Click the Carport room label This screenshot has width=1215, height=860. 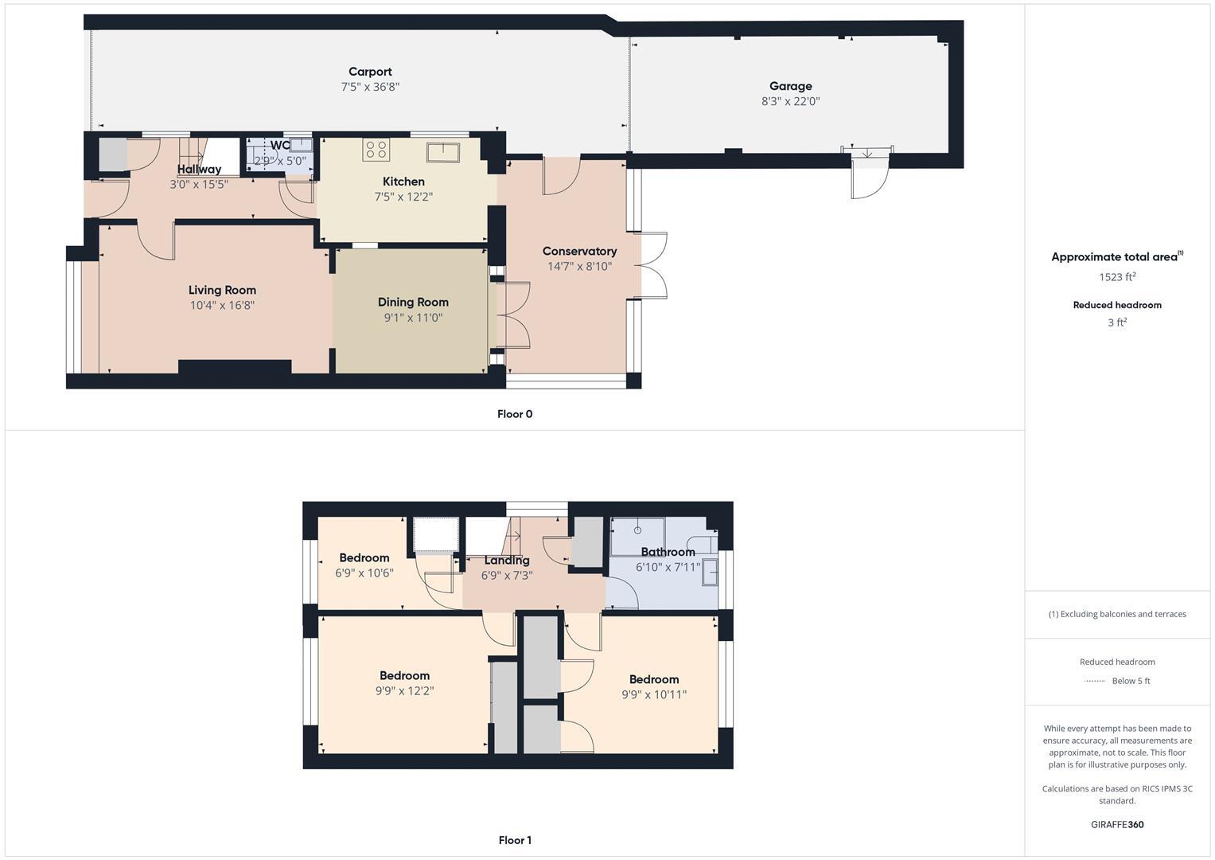click(x=370, y=72)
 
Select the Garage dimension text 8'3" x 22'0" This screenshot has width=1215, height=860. click(x=790, y=101)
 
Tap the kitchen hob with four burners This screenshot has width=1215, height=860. click(x=376, y=149)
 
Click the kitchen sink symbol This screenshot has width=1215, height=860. click(x=440, y=151)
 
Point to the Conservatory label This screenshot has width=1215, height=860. click(x=579, y=251)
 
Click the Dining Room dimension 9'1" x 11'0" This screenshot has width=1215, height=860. click(x=413, y=317)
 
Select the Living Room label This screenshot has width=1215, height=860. click(x=222, y=290)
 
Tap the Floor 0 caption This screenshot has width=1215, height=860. click(x=515, y=414)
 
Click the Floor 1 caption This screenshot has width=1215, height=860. click(x=515, y=840)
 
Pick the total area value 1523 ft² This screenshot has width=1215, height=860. click(x=1117, y=277)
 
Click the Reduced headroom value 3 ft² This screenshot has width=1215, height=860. click(x=1117, y=322)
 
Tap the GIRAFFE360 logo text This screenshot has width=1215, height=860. click(x=1117, y=824)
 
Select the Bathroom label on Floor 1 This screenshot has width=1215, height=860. click(x=668, y=552)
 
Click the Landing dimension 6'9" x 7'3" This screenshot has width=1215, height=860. click(x=507, y=575)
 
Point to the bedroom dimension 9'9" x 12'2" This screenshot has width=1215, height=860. click(x=404, y=691)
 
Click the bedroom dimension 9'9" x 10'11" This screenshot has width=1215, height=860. click(x=654, y=694)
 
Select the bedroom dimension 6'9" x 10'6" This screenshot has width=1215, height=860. click(x=364, y=573)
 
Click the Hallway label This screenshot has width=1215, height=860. click(x=199, y=169)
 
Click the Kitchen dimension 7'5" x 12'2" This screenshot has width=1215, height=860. click(x=403, y=197)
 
